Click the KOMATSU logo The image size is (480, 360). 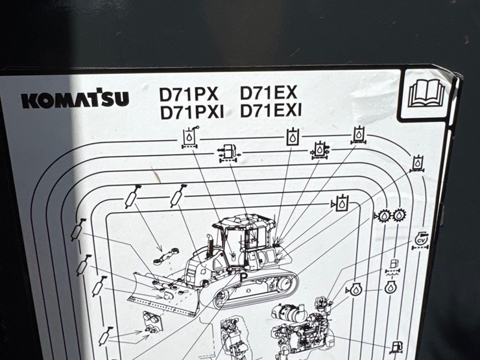75,99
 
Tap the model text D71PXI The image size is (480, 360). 191,113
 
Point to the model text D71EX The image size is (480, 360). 268,93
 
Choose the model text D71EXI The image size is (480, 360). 270,111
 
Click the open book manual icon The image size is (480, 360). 426,94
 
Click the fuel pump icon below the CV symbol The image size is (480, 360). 392,265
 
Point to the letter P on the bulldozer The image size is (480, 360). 243,277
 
